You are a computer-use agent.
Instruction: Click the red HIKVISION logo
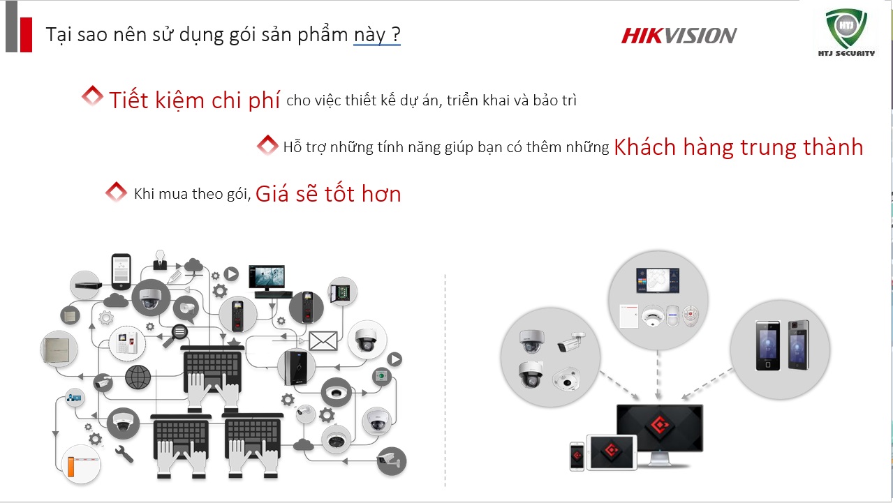[x=679, y=36]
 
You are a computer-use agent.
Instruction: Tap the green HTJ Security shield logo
[x=846, y=30]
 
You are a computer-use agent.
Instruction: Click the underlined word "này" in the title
[x=368, y=35]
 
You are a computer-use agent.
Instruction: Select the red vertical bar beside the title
[x=26, y=34]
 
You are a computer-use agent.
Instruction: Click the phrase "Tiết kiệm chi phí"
[x=194, y=100]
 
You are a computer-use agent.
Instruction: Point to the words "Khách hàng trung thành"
[x=738, y=147]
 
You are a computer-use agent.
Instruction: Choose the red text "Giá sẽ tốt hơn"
[x=328, y=194]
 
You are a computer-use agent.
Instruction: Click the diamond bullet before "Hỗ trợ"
[x=267, y=146]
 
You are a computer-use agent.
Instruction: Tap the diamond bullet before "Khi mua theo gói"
[x=115, y=192]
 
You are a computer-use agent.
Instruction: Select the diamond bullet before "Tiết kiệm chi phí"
[x=92, y=96]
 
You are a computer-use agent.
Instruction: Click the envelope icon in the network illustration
[x=323, y=340]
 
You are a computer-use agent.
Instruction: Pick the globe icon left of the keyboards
[x=138, y=377]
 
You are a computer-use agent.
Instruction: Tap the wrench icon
[x=124, y=453]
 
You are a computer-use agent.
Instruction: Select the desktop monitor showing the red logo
[x=658, y=428]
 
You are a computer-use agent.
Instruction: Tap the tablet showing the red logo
[x=611, y=452]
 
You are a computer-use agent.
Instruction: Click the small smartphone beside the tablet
[x=577, y=456]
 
